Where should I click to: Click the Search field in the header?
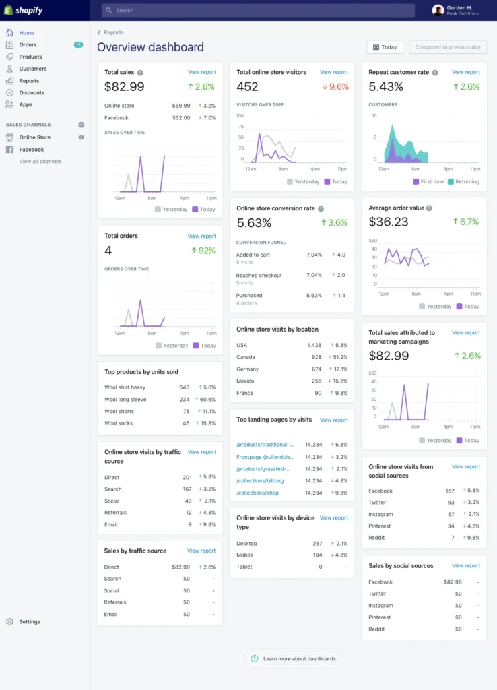(258, 11)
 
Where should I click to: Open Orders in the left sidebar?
(28, 44)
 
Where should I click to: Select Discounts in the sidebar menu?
(32, 92)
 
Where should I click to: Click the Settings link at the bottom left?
(30, 621)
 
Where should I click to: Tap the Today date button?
(385, 47)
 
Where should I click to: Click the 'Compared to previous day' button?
(448, 47)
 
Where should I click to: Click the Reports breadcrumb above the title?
(113, 32)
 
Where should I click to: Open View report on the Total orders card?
(201, 236)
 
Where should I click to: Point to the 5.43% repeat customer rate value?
(386, 86)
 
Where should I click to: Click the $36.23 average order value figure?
(389, 222)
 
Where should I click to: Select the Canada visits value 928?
(316, 357)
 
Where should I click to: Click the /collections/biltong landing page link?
(260, 480)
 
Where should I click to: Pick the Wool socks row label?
(119, 423)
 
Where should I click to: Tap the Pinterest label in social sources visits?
(380, 526)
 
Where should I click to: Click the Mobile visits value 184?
(317, 555)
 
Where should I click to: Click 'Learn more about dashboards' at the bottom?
(300, 658)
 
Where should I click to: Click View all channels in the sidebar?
(40, 161)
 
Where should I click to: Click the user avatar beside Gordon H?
(438, 10)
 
